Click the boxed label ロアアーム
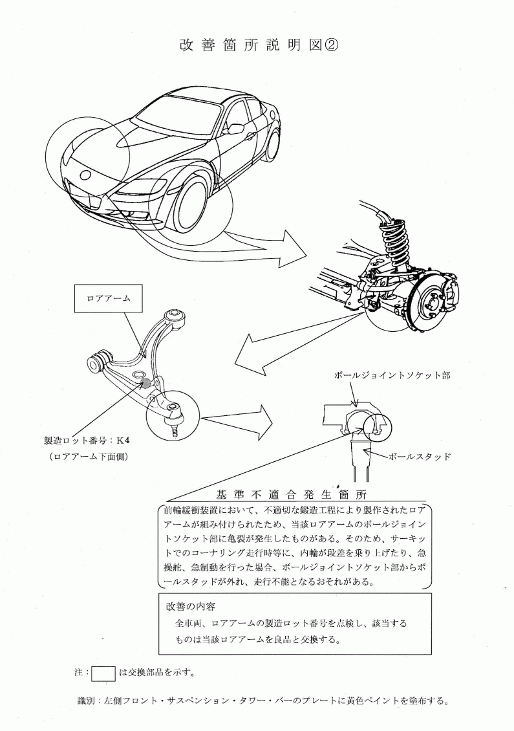click(109, 298)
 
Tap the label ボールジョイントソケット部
click(392, 375)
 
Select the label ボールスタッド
click(420, 457)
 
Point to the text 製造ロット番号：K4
click(87, 440)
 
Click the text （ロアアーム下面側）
click(89, 457)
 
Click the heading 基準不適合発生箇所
click(292, 494)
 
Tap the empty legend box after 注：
click(103, 673)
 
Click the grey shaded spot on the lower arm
click(146, 383)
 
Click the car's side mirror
click(236, 128)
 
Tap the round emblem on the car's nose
click(86, 175)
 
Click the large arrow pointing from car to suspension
click(266, 245)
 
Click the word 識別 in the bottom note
click(86, 701)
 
